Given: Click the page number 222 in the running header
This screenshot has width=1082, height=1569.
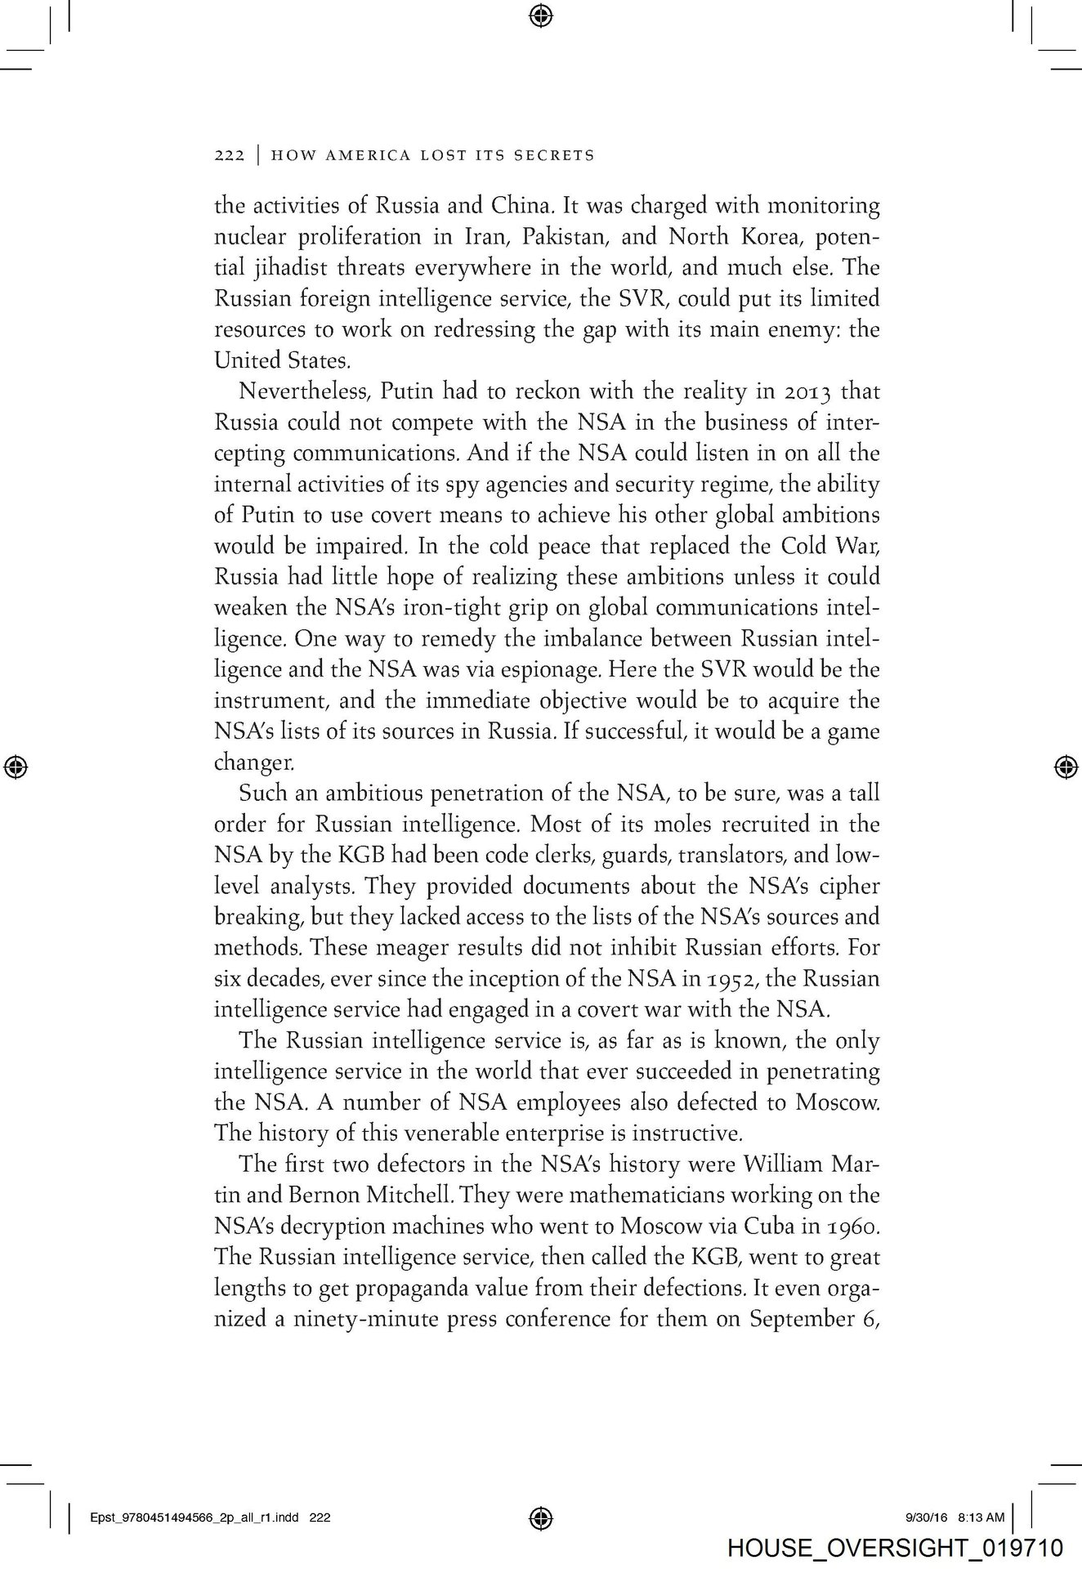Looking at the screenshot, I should (229, 155).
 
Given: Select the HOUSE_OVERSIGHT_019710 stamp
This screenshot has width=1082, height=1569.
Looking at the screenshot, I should (895, 1548).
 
